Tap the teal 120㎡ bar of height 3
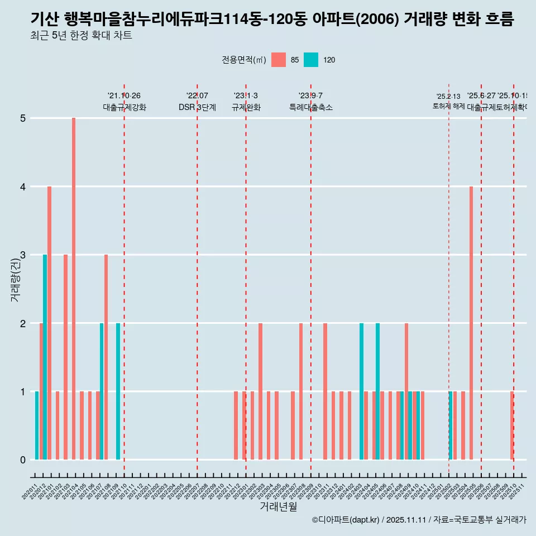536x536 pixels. (45, 357)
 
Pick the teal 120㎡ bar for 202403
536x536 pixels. (361, 391)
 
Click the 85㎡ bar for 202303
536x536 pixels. (260, 391)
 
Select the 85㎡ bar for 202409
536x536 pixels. (406, 391)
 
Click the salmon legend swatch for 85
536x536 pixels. (279, 60)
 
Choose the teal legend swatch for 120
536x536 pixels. (311, 60)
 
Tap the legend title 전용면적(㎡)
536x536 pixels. (244, 60)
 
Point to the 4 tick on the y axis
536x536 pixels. (23, 186)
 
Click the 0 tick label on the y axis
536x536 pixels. (23, 460)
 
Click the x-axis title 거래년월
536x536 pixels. (278, 506)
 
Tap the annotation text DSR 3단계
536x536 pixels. (197, 107)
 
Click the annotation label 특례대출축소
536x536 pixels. (310, 107)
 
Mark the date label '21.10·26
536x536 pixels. (124, 96)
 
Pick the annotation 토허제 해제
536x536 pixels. (448, 106)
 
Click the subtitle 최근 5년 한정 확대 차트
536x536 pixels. (81, 36)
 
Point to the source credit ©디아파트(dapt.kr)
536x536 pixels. (346, 520)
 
